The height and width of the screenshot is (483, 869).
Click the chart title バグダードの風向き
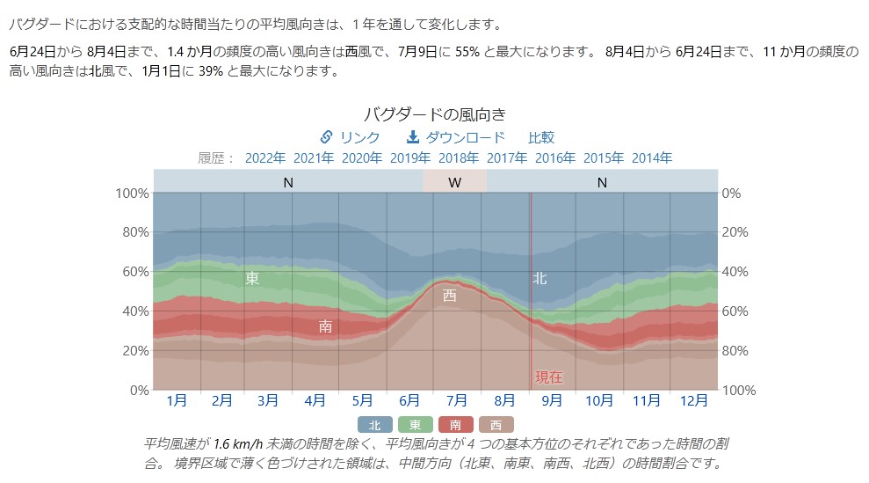pyautogui.click(x=434, y=113)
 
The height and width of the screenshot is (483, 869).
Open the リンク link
pyautogui.click(x=351, y=137)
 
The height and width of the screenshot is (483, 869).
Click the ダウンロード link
pyautogui.click(x=456, y=137)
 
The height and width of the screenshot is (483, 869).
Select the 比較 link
pyautogui.click(x=541, y=137)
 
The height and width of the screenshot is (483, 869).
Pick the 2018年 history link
pyautogui.click(x=459, y=158)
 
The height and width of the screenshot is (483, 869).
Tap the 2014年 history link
pyautogui.click(x=652, y=158)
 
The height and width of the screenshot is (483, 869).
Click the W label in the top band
pyautogui.click(x=454, y=183)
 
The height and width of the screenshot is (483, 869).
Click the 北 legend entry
pyautogui.click(x=375, y=425)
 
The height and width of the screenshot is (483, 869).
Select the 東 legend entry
pyautogui.click(x=416, y=425)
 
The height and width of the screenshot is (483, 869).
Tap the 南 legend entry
pyautogui.click(x=455, y=425)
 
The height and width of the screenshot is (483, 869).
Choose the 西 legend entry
pyautogui.click(x=496, y=425)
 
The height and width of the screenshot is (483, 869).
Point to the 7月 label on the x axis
pyautogui.click(x=458, y=401)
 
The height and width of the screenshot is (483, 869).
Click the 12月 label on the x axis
pyautogui.click(x=694, y=401)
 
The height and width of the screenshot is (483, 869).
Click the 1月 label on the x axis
pyautogui.click(x=177, y=401)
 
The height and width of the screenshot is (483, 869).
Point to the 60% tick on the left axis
pyautogui.click(x=134, y=272)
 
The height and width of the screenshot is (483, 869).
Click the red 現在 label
pyautogui.click(x=549, y=377)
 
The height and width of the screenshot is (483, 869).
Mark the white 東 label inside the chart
pyautogui.click(x=252, y=278)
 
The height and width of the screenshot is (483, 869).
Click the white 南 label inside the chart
pyautogui.click(x=325, y=326)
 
